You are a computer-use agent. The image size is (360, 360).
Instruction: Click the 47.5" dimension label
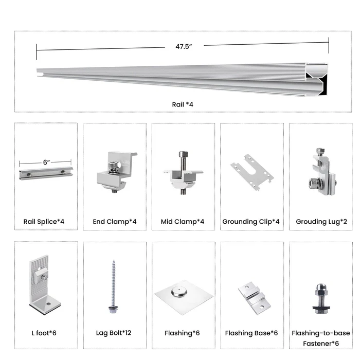tap(183, 46)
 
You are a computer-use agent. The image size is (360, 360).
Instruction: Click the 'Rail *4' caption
tap(183, 104)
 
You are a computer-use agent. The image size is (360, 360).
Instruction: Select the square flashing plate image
tap(184, 297)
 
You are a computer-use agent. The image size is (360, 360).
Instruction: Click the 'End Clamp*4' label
tap(115, 222)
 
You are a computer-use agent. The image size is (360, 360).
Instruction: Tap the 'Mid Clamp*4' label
tap(183, 222)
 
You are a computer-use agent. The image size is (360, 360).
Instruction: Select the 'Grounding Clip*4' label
tap(251, 222)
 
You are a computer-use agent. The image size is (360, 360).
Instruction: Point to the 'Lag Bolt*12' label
tap(114, 333)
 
